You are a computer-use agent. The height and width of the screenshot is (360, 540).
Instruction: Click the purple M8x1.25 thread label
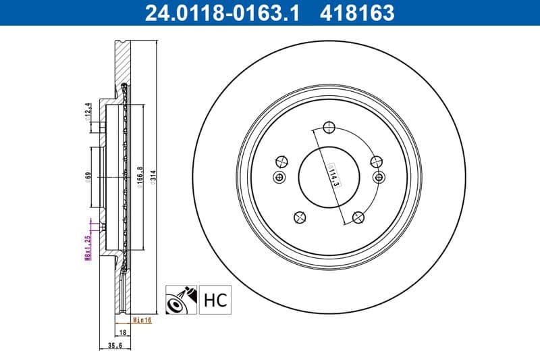(87, 248)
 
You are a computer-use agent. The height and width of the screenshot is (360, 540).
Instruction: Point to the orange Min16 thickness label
(142, 320)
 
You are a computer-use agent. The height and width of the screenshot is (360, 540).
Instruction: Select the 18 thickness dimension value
(124, 333)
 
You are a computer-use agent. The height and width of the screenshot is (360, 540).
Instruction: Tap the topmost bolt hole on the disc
(329, 127)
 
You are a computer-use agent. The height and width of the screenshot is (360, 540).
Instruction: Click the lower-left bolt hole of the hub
(299, 217)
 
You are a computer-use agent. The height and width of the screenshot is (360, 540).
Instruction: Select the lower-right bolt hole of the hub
(359, 217)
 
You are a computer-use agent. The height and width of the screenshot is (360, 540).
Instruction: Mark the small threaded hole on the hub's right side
(379, 177)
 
